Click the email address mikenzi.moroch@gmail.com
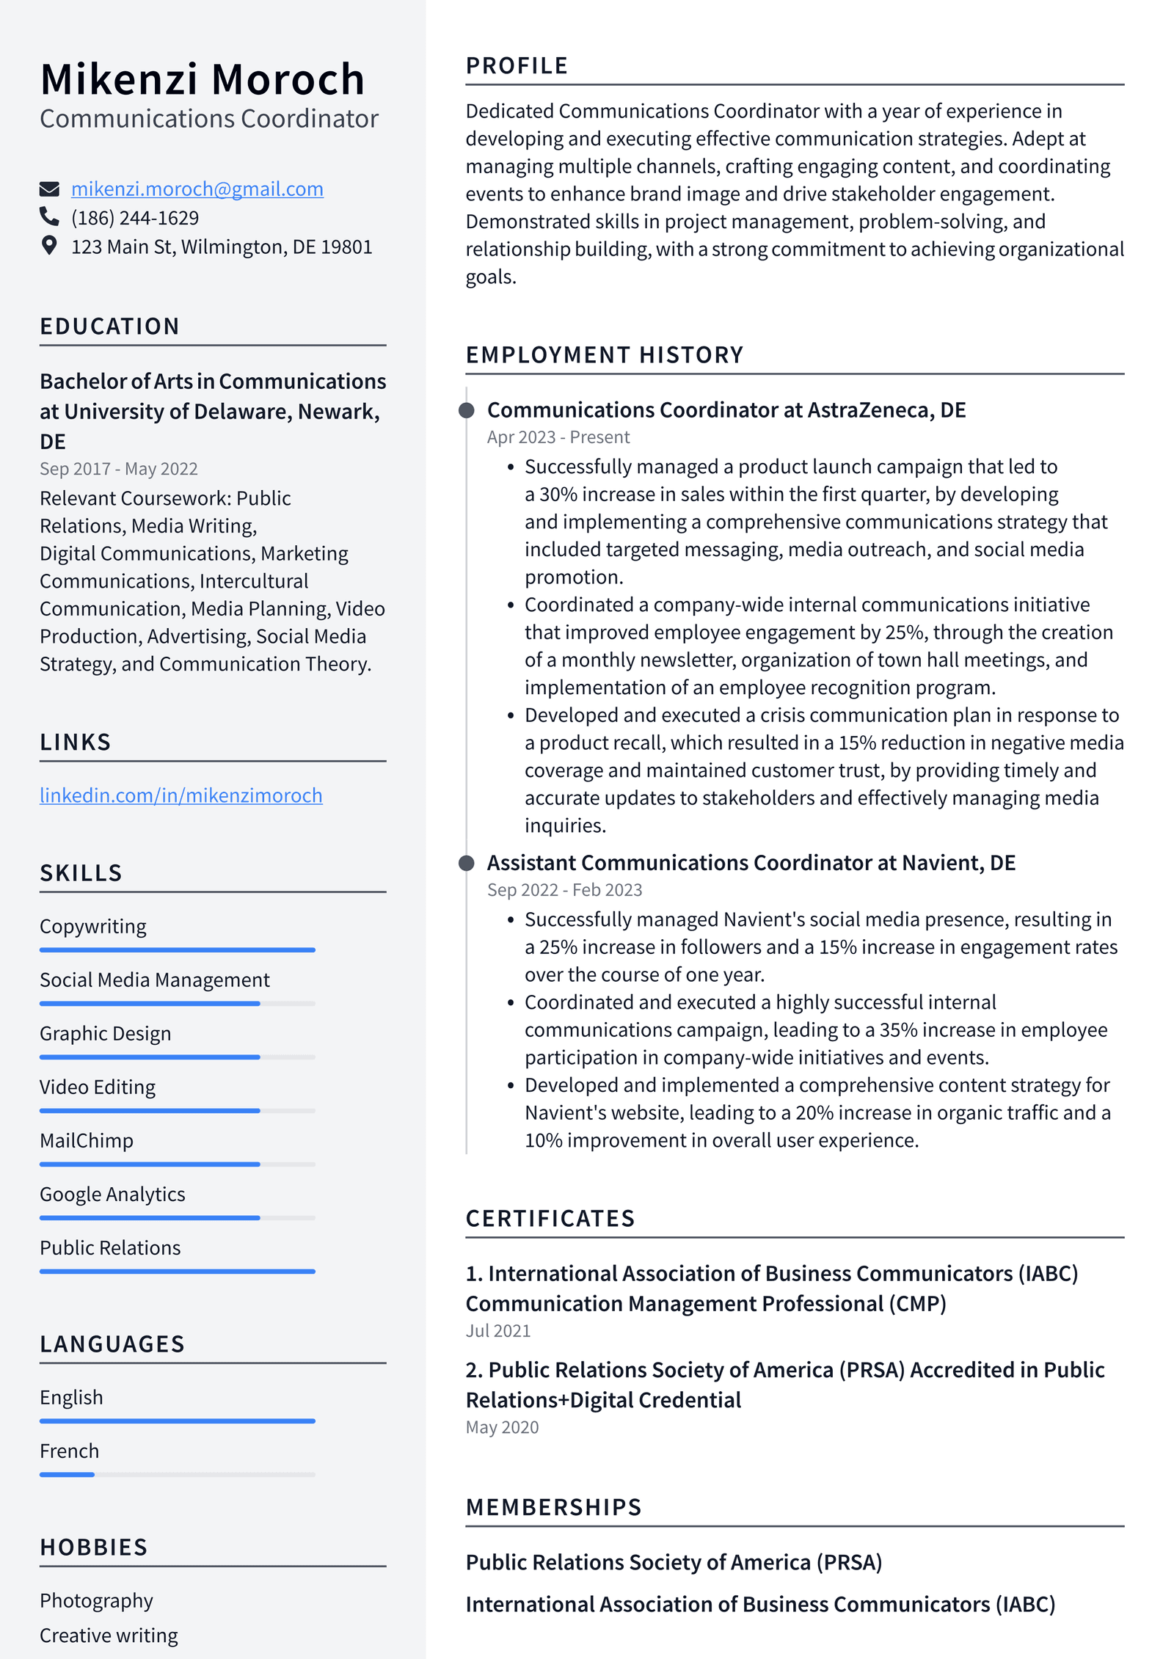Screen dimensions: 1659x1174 (197, 189)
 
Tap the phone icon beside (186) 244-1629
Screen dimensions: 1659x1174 (49, 217)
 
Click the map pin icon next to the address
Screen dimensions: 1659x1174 (49, 246)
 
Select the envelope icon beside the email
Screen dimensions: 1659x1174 (49, 189)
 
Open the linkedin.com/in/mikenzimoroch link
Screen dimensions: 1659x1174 (181, 795)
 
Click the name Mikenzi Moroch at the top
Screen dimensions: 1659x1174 (203, 79)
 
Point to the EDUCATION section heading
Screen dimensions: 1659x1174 (109, 327)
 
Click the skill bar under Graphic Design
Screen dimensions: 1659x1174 (177, 1057)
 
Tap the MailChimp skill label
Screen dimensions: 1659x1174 (87, 1141)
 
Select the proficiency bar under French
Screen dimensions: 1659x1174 (177, 1475)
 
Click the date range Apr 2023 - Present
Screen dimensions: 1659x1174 (558, 437)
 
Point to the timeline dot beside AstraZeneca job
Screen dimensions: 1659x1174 (466, 410)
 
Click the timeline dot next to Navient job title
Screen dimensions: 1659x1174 (466, 863)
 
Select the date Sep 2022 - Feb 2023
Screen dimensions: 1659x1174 (564, 890)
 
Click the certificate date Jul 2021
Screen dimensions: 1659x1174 (497, 1331)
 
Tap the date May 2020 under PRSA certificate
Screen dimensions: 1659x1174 (502, 1427)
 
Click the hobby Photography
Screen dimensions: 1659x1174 (96, 1601)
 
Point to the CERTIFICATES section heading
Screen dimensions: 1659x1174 (550, 1219)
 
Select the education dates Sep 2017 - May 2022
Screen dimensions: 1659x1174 (118, 469)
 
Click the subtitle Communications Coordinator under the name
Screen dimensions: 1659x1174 (209, 119)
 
